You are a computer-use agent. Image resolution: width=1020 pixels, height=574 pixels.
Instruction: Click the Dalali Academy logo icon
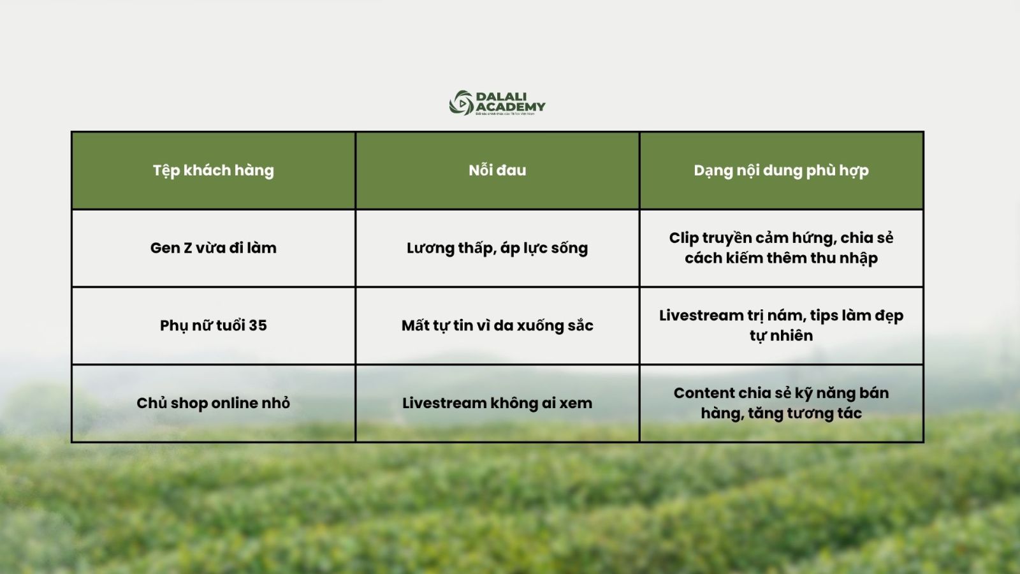[x=462, y=103]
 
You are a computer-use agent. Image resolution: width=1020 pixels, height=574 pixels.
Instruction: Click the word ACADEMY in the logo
[x=511, y=107]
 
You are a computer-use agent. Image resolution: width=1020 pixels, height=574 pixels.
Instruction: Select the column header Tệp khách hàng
[x=213, y=171]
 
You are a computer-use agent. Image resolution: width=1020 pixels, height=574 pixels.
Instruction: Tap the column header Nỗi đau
[x=497, y=170]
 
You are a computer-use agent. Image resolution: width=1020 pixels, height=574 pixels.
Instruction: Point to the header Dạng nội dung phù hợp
[x=782, y=171]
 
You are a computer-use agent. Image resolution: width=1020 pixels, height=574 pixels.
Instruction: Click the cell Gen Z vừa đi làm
[x=213, y=248]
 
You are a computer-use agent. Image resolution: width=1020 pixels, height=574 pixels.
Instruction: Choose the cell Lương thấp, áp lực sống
[x=497, y=248]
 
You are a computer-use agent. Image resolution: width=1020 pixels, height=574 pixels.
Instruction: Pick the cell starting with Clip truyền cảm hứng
[x=782, y=248]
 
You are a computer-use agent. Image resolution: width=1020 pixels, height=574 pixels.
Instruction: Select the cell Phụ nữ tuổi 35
[x=213, y=326]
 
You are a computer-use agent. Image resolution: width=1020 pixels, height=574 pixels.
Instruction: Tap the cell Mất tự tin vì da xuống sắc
[x=497, y=325]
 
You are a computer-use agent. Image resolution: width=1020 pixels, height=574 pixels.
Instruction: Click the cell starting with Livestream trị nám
[x=782, y=325]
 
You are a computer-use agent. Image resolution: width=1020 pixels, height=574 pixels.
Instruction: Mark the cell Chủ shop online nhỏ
[x=213, y=403]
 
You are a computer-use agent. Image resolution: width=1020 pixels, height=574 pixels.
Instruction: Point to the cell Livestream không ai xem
[x=497, y=403]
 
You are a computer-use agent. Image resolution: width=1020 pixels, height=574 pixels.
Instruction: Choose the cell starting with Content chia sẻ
[x=782, y=403]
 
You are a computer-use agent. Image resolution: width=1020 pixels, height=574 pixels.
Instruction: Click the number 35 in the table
[x=258, y=325]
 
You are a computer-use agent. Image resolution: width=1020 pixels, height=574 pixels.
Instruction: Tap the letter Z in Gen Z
[x=187, y=248]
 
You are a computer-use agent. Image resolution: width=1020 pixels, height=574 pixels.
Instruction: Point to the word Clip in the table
[x=683, y=239]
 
